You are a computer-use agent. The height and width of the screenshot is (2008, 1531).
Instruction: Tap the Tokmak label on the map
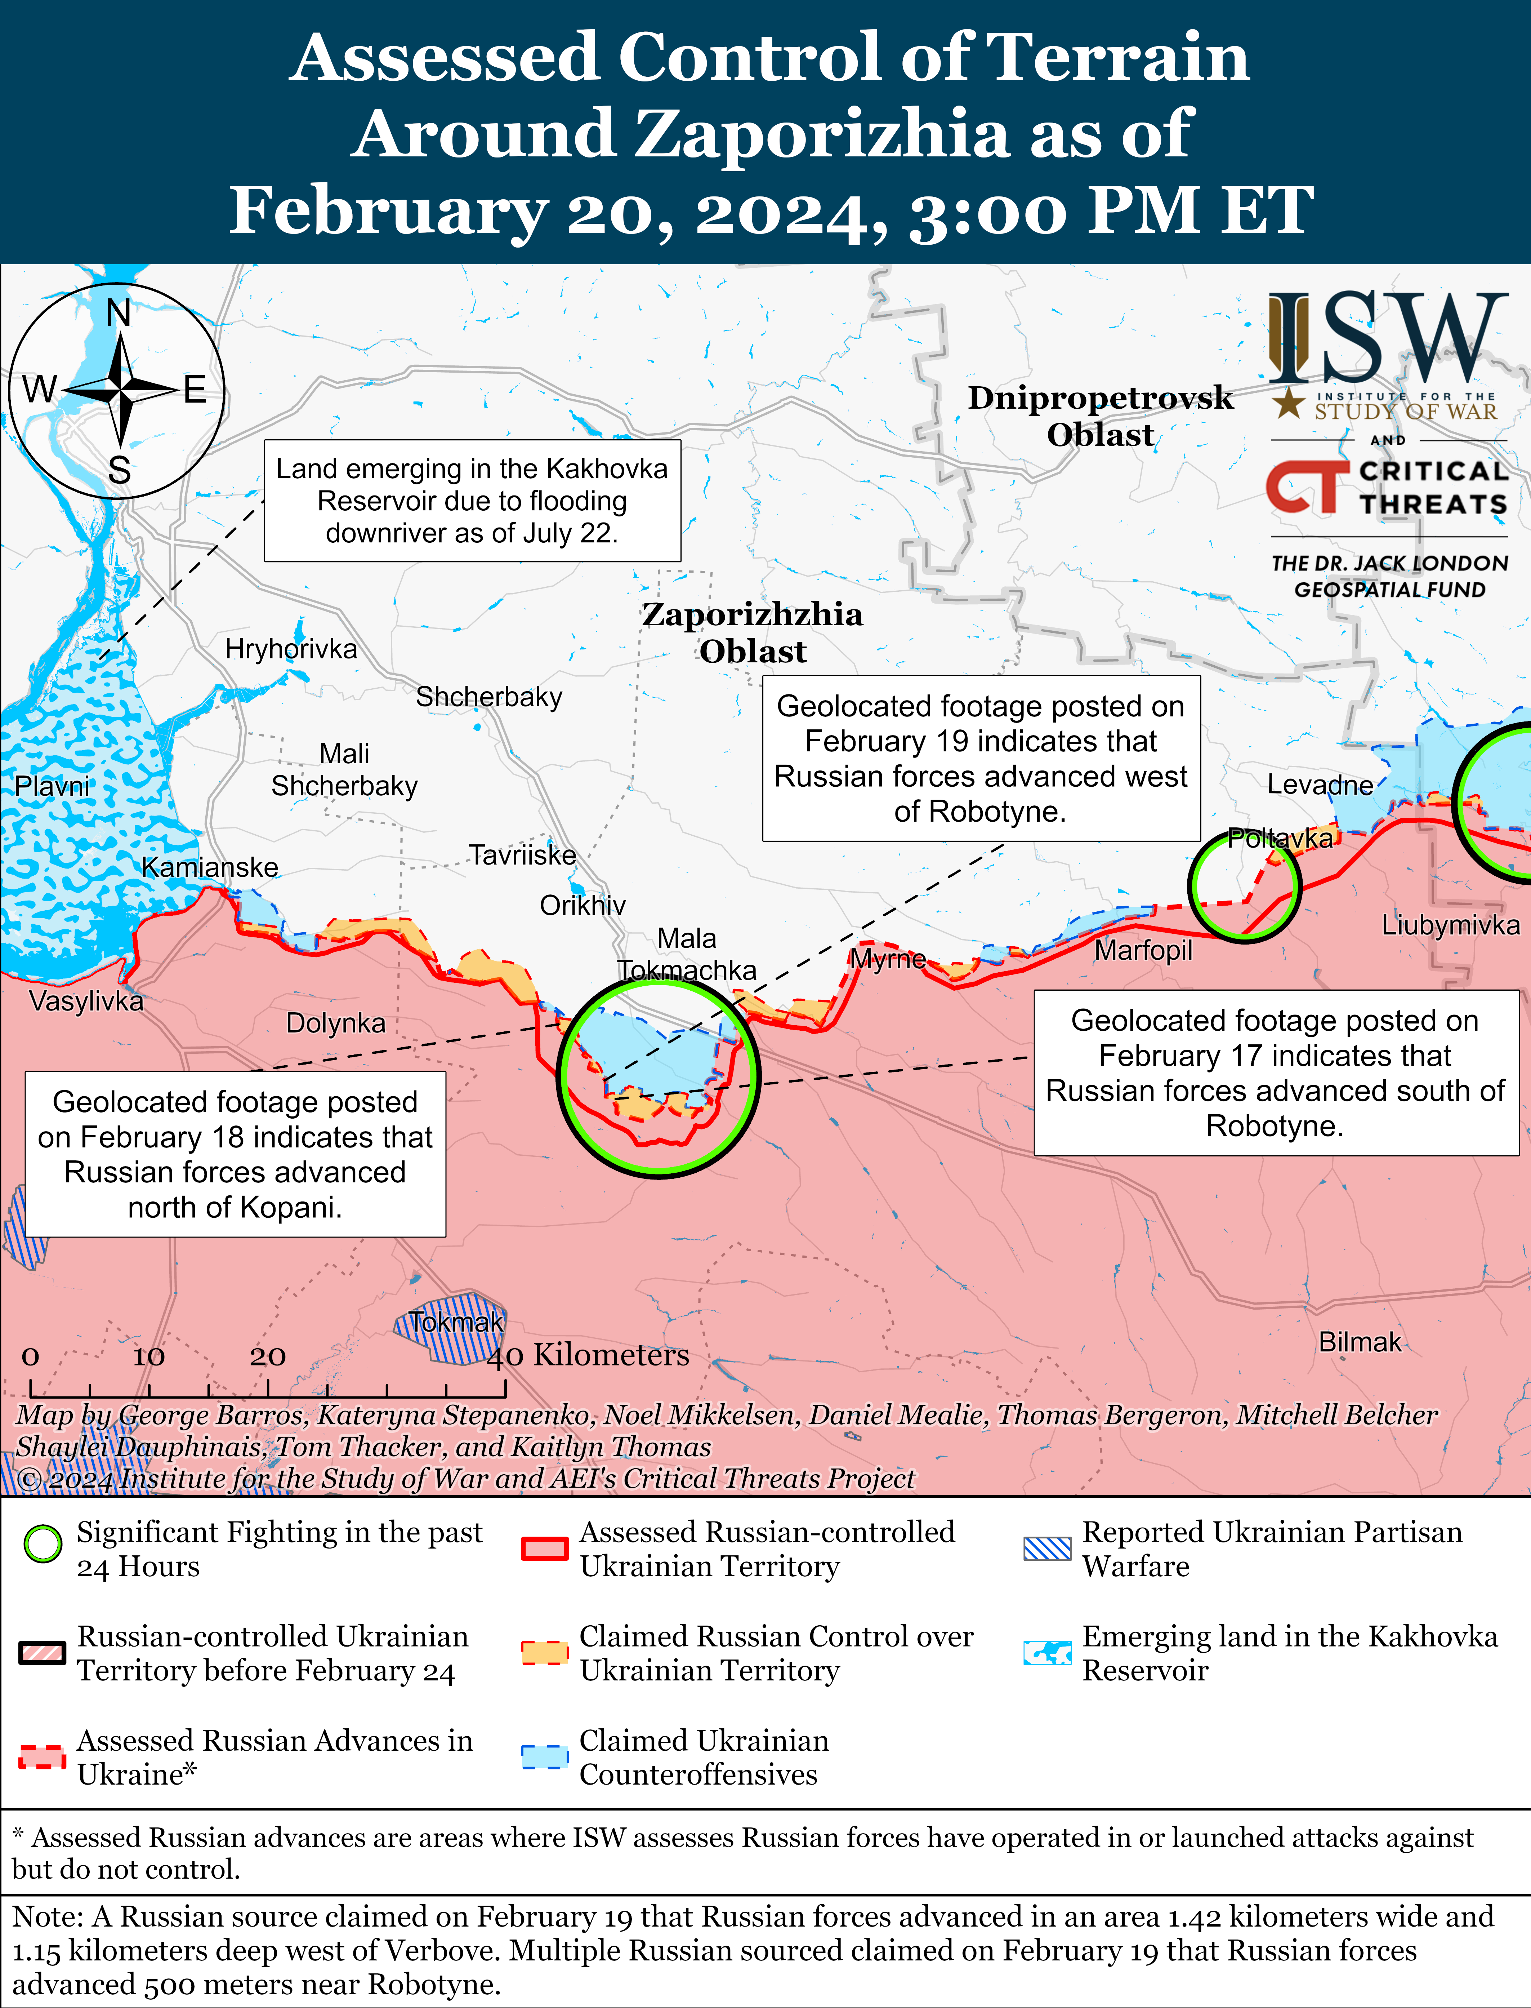point(456,1321)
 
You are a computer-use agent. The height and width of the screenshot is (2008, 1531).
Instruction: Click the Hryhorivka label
point(291,649)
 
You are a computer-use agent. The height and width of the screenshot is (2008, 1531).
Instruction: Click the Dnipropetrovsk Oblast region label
point(1100,416)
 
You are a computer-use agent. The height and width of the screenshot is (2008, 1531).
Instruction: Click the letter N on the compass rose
point(119,313)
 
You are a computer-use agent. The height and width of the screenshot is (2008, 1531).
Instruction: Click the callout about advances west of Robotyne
point(981,758)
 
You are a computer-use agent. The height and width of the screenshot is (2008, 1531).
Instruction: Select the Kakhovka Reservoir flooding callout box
point(472,501)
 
